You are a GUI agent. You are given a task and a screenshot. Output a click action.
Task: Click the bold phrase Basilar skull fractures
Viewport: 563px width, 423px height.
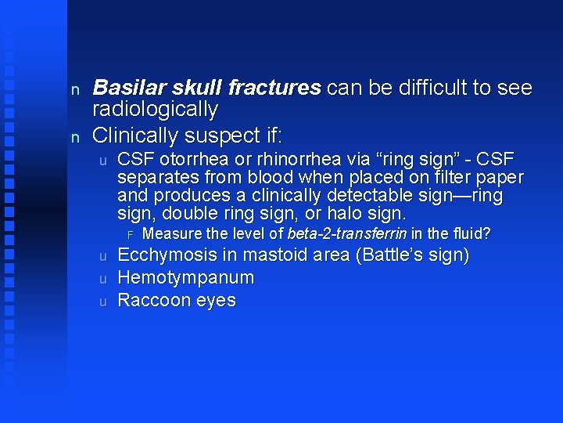pos(206,89)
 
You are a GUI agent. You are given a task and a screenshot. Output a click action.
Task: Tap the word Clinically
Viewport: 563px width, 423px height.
pos(137,136)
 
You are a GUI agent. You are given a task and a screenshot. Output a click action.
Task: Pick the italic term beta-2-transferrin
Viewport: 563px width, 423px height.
pos(346,233)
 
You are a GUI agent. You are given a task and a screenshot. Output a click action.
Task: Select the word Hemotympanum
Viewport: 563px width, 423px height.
pos(185,278)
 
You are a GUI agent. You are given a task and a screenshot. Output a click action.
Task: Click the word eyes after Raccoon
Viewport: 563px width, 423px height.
pos(217,301)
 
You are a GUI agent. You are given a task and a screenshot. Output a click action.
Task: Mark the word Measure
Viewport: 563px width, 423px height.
pos(170,233)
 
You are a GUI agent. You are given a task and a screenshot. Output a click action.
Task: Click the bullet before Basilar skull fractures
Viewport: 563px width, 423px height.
pos(75,90)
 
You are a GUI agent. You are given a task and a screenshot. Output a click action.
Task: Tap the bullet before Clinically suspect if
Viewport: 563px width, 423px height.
pos(75,137)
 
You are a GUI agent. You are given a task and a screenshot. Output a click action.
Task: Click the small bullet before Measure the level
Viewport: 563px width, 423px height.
pos(131,234)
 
